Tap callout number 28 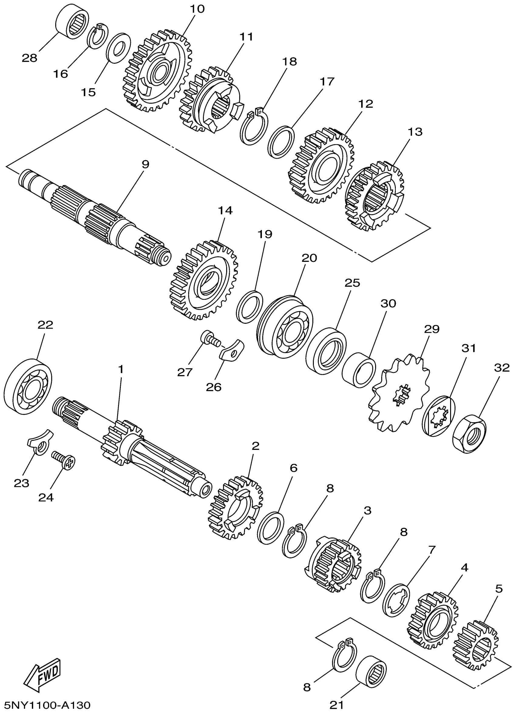(29, 58)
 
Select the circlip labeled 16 (97, 37)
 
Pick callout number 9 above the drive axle (145, 164)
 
